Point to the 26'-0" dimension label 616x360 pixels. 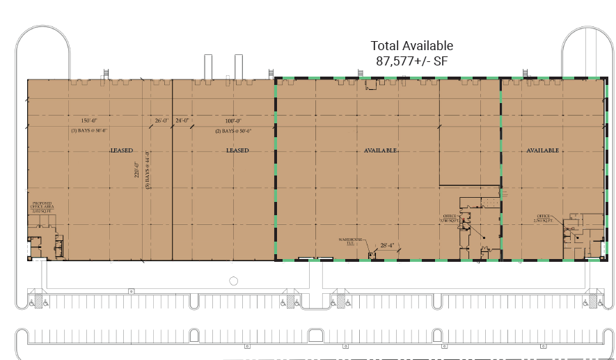point(161,120)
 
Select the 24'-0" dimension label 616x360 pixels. point(182,120)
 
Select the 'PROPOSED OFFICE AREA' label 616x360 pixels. point(42,207)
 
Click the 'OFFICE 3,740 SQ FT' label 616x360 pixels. point(449,218)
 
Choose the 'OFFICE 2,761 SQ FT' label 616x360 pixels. point(543,218)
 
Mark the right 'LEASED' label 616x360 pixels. point(237,150)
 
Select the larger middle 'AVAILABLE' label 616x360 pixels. point(381,150)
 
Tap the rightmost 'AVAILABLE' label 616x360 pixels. point(543,150)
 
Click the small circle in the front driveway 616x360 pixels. point(233,281)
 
